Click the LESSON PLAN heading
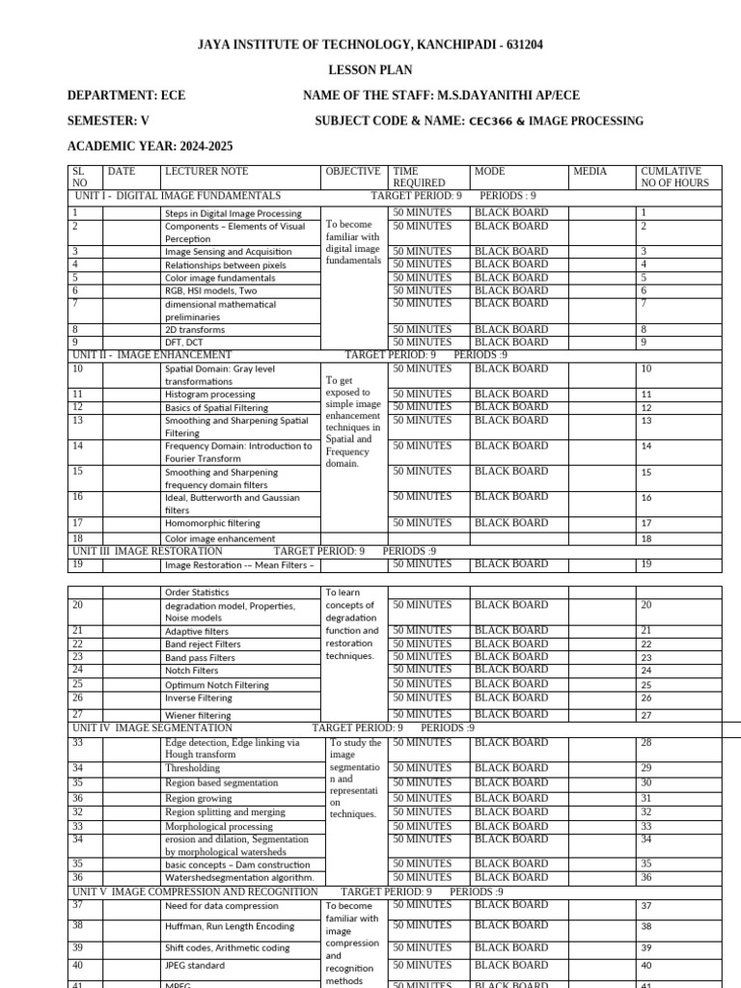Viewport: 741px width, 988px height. coord(371,69)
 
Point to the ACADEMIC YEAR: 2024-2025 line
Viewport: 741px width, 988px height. coord(150,147)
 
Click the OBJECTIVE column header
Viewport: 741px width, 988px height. coord(353,172)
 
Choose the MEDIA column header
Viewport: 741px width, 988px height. coord(590,172)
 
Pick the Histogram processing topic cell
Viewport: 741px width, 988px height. coord(209,395)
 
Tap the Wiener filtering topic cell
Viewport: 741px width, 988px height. coord(198,715)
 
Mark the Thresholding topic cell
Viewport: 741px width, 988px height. coord(192,769)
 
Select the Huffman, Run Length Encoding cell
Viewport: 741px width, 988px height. coord(230,925)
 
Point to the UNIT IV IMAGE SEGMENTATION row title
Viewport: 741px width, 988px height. coord(152,728)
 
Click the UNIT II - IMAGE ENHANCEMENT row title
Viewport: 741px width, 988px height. coord(152,355)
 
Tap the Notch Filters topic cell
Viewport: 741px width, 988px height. coord(191,670)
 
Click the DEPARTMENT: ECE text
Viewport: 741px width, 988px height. coord(125,96)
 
